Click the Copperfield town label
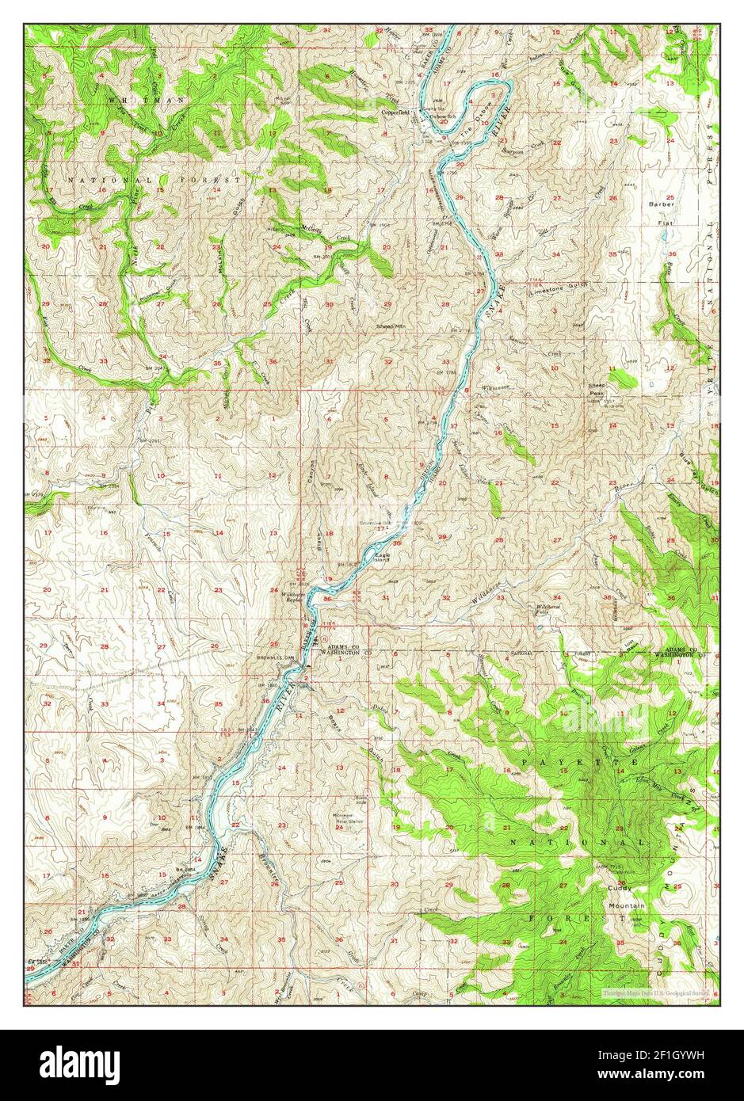point(395,113)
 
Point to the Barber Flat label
point(659,208)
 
